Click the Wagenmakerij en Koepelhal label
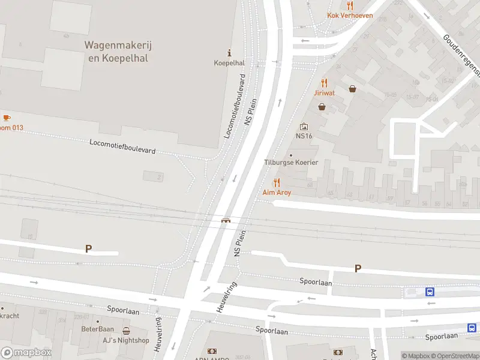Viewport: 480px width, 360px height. point(116,52)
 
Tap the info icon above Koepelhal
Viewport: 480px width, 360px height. point(229,53)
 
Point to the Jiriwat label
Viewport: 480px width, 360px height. point(324,93)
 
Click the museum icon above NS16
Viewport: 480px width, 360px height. point(304,126)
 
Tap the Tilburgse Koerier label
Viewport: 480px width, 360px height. point(291,163)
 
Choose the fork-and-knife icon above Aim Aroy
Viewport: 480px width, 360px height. point(277,182)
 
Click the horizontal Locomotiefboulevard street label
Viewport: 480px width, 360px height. point(122,146)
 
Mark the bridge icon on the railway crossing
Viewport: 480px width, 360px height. point(226,220)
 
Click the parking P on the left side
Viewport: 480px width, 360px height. point(89,248)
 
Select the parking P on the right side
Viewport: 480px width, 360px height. point(358,269)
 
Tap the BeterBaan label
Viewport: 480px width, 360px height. point(97,329)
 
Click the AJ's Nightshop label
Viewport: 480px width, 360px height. point(126,340)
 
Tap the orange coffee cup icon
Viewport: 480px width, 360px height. point(7,118)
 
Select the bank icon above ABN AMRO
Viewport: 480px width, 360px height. point(212,351)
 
